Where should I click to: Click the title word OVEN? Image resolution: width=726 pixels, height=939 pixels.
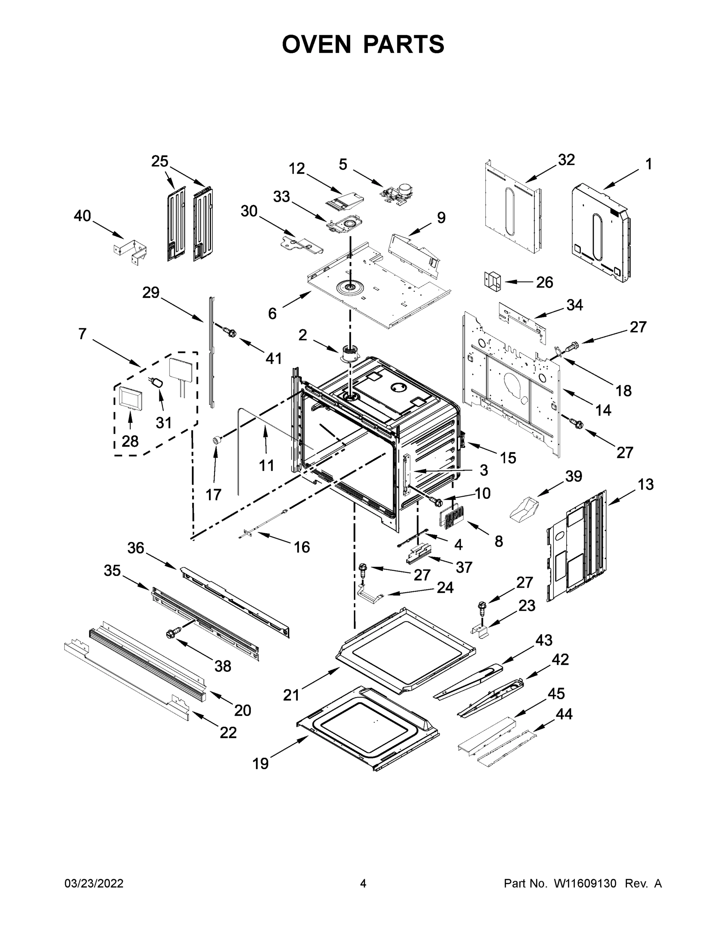(x=317, y=44)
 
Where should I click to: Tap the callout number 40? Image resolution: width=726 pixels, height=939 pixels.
(x=82, y=216)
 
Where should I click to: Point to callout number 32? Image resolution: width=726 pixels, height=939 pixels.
(x=566, y=160)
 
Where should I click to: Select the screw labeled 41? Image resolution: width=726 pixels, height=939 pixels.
(x=229, y=331)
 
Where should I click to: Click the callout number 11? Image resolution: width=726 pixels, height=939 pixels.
(x=266, y=465)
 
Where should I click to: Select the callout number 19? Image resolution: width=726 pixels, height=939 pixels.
(x=261, y=764)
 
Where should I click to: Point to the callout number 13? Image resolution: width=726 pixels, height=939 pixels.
(x=645, y=484)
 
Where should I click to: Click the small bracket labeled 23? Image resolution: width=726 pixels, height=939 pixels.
(x=481, y=631)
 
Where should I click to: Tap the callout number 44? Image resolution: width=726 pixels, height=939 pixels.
(x=564, y=714)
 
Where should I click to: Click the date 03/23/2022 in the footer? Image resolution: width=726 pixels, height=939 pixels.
(x=94, y=883)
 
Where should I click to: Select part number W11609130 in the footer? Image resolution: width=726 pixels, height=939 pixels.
(x=585, y=883)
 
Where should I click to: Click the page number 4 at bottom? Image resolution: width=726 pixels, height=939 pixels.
(x=363, y=883)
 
